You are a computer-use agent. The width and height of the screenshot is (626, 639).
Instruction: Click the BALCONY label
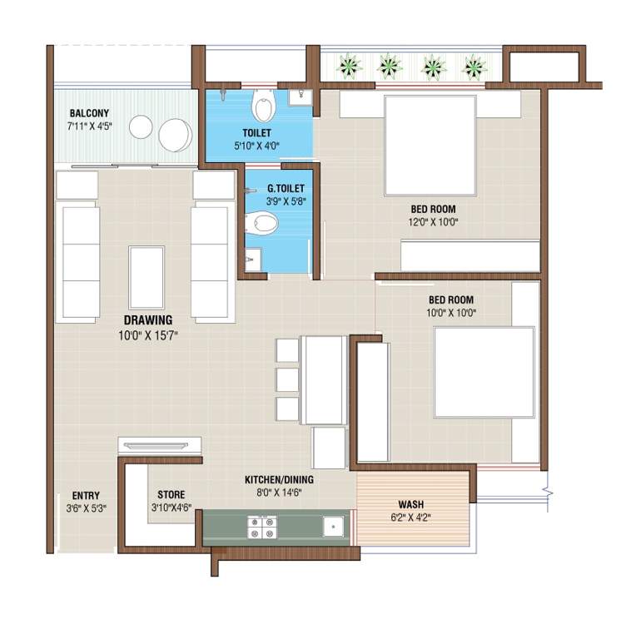(89, 113)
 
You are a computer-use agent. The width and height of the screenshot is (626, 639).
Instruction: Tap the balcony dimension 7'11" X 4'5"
(89, 126)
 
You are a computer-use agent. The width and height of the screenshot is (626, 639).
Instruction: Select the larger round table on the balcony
(175, 135)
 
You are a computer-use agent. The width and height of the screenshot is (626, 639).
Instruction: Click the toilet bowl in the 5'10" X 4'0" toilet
(264, 106)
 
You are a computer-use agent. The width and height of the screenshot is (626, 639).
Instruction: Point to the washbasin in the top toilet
(300, 97)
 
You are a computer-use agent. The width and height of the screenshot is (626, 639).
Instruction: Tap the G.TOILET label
(286, 189)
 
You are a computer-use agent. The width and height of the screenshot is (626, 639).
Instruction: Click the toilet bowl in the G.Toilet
(264, 222)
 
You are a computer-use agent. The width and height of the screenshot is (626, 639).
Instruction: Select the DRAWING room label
(148, 320)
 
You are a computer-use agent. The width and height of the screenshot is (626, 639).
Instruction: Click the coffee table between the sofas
(147, 277)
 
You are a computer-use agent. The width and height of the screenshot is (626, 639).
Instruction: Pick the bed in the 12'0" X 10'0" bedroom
(430, 145)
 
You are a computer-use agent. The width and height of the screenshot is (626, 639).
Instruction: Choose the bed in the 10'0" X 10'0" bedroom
(484, 372)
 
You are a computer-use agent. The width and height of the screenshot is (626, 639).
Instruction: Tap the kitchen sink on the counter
(333, 526)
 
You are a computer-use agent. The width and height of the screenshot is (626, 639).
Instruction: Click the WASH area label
(410, 505)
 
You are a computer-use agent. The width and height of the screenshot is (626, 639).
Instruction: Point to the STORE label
(171, 495)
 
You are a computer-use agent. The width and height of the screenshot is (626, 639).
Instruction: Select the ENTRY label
(86, 495)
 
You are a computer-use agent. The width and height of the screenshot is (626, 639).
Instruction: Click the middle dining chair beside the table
(287, 379)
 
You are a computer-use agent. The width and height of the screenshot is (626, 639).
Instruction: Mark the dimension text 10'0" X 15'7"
(148, 334)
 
